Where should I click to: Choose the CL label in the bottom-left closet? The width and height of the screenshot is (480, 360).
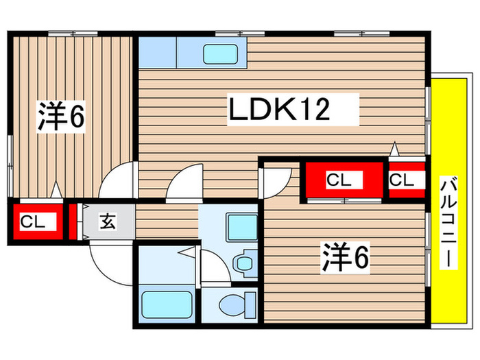point(28,221)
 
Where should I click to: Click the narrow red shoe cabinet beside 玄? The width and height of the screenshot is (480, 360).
point(72,221)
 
